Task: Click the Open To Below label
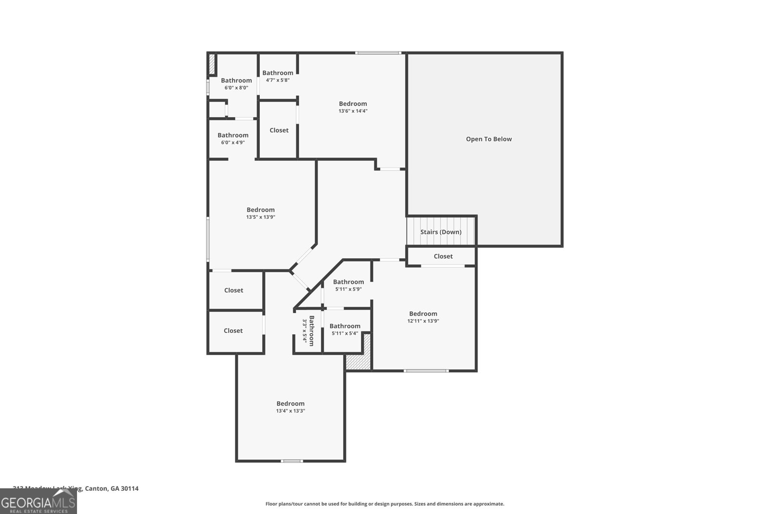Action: [x=488, y=139]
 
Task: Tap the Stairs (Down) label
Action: [x=441, y=232]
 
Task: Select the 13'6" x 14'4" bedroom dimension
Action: [x=353, y=111]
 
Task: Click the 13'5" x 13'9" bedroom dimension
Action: [x=260, y=217]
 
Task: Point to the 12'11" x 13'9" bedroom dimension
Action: [x=423, y=321]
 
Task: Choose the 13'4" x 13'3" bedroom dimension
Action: [x=290, y=411]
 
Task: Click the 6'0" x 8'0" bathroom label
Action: [x=236, y=80]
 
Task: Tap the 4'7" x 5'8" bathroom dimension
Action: [x=278, y=80]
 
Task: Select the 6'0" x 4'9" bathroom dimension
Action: [x=233, y=143]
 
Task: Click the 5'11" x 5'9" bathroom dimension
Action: [x=348, y=290]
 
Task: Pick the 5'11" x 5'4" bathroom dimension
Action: [x=345, y=333]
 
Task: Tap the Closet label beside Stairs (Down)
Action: [x=443, y=256]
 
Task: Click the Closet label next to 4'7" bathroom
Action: [x=279, y=130]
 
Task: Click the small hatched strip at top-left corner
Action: [x=211, y=64]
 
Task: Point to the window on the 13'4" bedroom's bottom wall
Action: [x=292, y=461]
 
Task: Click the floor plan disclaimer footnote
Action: [x=385, y=504]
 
